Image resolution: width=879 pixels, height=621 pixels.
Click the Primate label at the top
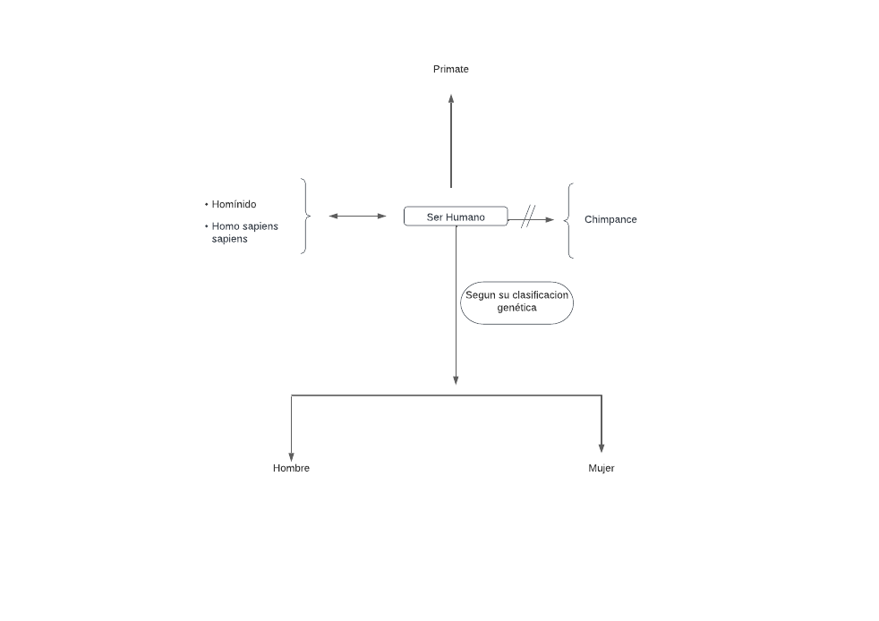click(x=450, y=69)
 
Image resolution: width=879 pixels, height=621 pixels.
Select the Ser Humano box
click(x=456, y=217)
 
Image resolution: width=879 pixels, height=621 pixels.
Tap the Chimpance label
click(x=610, y=219)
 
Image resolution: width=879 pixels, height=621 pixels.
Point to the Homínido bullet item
click(x=234, y=204)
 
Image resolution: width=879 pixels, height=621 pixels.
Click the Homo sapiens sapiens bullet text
click(x=244, y=233)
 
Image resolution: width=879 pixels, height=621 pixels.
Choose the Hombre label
click(x=291, y=468)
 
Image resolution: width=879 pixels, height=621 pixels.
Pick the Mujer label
click(x=601, y=468)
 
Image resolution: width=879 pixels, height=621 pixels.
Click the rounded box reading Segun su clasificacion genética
click(x=516, y=302)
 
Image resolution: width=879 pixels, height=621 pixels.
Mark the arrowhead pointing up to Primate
click(x=451, y=98)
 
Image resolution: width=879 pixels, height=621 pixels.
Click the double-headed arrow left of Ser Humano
click(x=357, y=216)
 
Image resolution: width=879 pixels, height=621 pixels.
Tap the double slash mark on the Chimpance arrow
click(x=528, y=217)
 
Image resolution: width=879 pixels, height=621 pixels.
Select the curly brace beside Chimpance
click(x=569, y=220)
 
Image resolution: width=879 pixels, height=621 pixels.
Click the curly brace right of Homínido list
click(x=305, y=216)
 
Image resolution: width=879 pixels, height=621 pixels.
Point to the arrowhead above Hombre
click(x=291, y=455)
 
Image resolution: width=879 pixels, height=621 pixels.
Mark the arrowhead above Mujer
click(x=601, y=447)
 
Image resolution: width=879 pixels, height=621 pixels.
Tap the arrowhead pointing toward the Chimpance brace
click(x=550, y=219)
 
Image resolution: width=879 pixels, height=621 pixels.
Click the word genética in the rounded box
click(x=516, y=308)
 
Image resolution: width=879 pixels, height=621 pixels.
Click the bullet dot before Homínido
click(x=207, y=204)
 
